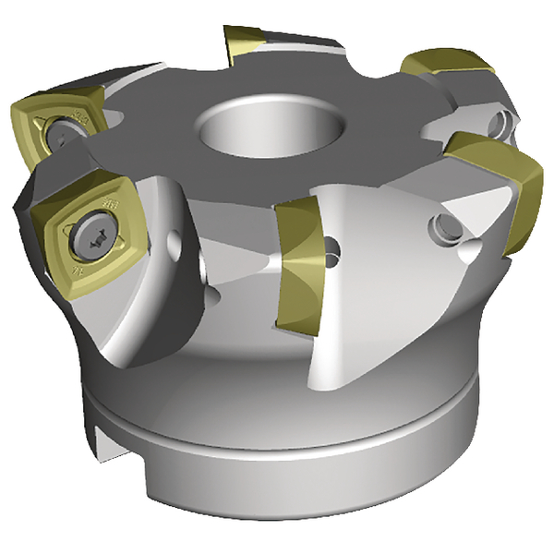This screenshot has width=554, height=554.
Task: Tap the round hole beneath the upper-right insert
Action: [x=500, y=120]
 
